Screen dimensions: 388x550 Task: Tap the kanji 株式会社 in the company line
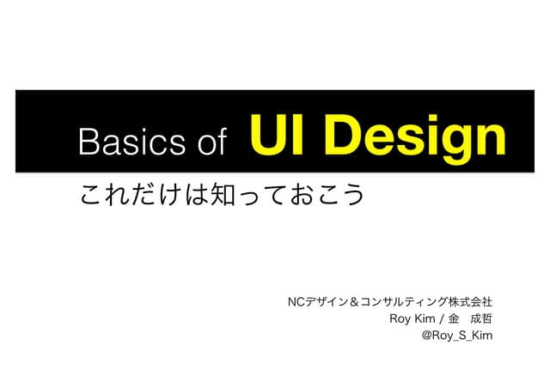(472, 302)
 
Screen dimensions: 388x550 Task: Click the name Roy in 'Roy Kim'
(402, 318)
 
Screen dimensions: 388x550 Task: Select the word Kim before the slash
(427, 318)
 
